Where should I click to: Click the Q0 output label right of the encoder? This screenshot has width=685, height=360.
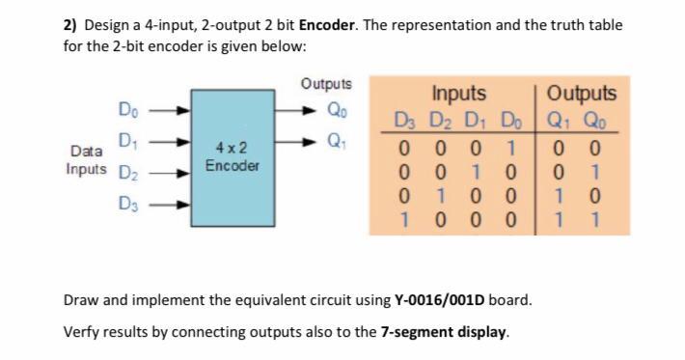click(x=337, y=107)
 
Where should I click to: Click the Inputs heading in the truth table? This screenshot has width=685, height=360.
click(x=458, y=94)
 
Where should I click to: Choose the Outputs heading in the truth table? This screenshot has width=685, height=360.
click(x=580, y=94)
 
